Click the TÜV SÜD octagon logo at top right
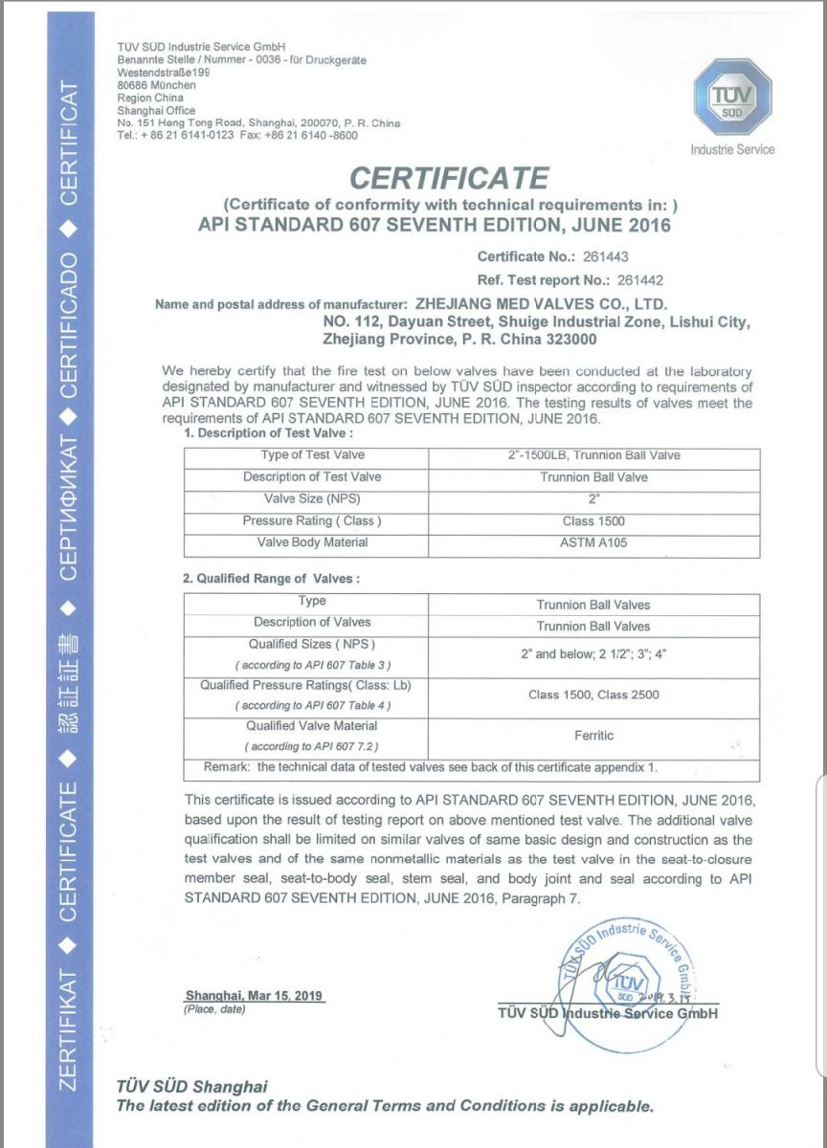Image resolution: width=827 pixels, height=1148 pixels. (x=731, y=99)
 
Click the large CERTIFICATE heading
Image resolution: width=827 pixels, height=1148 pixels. (x=449, y=178)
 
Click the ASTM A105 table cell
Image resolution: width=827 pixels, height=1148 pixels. (x=592, y=543)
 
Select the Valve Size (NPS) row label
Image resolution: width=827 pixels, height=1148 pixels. (x=312, y=498)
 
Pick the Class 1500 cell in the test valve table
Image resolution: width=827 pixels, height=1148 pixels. (x=592, y=521)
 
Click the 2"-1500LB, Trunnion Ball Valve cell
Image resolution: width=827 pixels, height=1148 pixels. (x=592, y=455)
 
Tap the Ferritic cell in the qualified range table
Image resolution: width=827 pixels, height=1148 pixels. (x=593, y=736)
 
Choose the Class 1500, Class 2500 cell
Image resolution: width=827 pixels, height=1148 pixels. (x=593, y=695)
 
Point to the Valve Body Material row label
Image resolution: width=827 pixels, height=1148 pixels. (x=312, y=542)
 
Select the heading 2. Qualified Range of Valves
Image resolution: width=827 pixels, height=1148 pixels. (x=271, y=578)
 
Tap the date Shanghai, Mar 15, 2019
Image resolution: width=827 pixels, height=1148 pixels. (x=254, y=996)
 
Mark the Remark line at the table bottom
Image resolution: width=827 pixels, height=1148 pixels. (x=430, y=768)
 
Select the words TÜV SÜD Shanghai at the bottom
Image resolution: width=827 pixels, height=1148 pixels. (x=191, y=1087)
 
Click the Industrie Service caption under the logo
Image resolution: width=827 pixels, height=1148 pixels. (x=732, y=149)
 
